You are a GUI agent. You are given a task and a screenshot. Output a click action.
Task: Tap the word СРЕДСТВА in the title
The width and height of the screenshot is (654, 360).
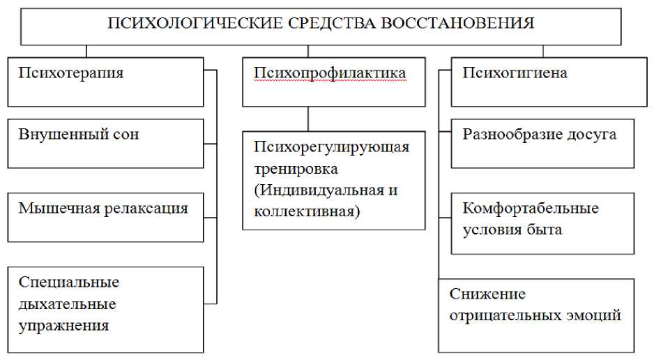[x=317, y=24]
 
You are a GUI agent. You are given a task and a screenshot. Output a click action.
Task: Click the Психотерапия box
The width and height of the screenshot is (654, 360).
[x=105, y=83]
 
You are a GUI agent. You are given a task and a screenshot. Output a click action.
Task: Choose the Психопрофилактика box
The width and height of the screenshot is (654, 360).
[x=333, y=83]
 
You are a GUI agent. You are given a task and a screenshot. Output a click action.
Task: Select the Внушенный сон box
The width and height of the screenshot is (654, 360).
[x=105, y=144]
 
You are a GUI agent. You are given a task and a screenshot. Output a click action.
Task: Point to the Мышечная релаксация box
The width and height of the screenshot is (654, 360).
[x=105, y=217]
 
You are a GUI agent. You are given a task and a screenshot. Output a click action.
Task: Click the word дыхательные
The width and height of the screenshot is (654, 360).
[x=68, y=304]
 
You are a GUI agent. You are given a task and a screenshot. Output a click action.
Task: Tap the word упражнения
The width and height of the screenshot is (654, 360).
[x=64, y=326]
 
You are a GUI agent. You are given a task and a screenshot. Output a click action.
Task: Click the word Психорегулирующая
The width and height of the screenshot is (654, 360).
[x=331, y=147]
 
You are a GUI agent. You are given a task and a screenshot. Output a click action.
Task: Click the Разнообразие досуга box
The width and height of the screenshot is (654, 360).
[x=542, y=144]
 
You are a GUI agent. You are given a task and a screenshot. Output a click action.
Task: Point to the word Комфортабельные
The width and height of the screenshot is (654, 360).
[x=531, y=208]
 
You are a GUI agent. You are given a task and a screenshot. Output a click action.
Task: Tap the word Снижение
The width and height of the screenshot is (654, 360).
[x=487, y=294]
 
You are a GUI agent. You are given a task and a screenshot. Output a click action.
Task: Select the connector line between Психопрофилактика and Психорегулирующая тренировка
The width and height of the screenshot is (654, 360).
[x=307, y=119]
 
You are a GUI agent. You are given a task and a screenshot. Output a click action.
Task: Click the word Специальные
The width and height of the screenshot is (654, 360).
[x=69, y=283]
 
